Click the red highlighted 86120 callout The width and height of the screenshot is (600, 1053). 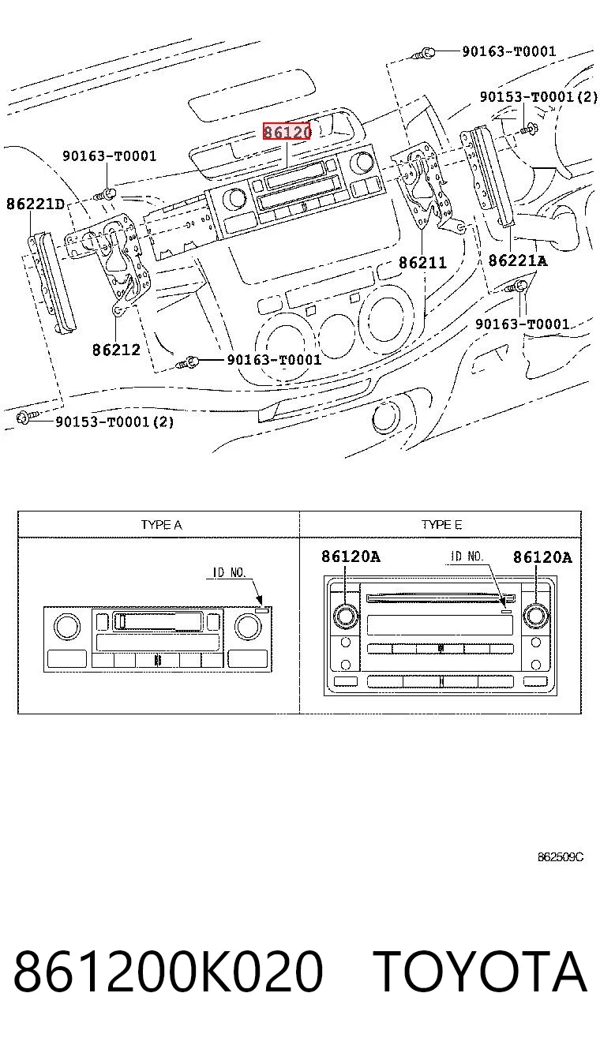click(x=287, y=132)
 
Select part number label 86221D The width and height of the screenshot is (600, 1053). click(x=36, y=204)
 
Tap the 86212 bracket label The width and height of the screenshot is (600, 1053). click(x=116, y=350)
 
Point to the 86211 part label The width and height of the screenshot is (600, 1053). click(x=422, y=262)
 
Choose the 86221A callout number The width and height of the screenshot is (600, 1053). click(x=518, y=260)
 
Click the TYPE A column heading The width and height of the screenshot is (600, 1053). click(x=161, y=525)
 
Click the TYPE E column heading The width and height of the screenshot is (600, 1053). click(x=441, y=524)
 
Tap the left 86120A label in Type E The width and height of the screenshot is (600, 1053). click(x=351, y=556)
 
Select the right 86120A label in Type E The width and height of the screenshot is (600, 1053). click(x=542, y=557)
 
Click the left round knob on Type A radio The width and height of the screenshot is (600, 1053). click(x=67, y=626)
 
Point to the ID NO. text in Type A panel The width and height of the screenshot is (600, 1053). click(x=230, y=572)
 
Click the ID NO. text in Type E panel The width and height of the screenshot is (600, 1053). click(x=467, y=556)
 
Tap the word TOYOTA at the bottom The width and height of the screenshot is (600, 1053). click(x=480, y=972)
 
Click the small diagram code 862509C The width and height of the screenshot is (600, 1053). click(x=561, y=857)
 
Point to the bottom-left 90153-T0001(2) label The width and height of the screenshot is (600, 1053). click(x=114, y=422)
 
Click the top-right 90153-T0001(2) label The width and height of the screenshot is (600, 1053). click(x=539, y=97)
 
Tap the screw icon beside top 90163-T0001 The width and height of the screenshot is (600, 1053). click(x=423, y=54)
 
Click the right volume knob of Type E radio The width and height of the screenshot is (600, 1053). click(x=536, y=616)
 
